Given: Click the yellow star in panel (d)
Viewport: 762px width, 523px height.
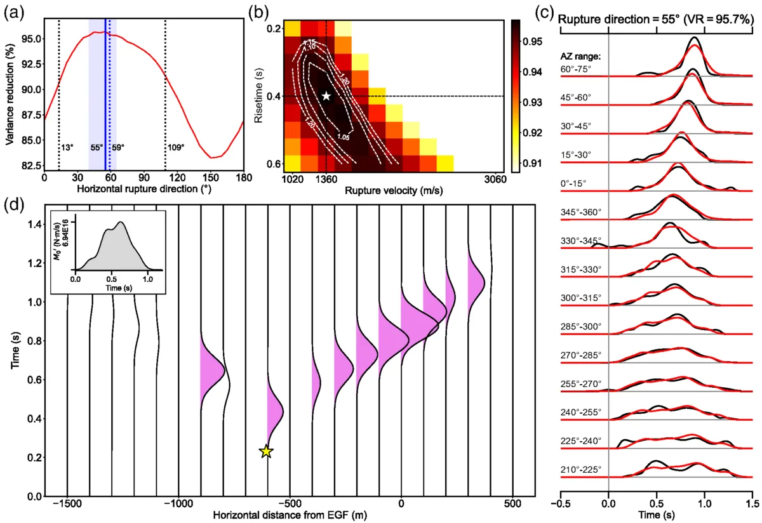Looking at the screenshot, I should (x=266, y=451).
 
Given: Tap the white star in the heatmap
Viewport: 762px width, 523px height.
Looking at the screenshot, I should (x=326, y=96).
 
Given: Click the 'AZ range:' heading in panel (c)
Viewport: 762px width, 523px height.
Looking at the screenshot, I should (x=581, y=56).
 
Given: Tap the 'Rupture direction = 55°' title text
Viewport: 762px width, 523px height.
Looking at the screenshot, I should (x=625, y=20).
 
